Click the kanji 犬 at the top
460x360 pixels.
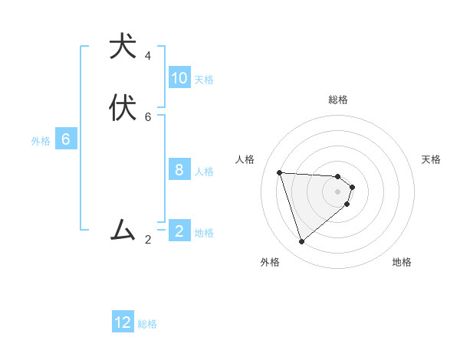pos(123,47)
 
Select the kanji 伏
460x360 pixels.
pos(123,108)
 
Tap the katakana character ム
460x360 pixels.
pos(123,229)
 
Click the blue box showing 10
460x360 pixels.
pos(179,78)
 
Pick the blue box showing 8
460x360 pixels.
pos(179,169)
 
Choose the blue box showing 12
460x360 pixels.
pos(123,322)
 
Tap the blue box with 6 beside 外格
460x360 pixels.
pos(66,139)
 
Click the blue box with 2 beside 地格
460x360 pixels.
pos(179,231)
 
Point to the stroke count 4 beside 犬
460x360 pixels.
pos(148,56)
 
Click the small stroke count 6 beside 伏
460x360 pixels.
pos(148,117)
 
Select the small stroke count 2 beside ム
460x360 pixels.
pos(148,240)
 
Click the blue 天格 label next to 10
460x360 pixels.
pos(204,80)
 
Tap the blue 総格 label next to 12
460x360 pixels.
pos(147,324)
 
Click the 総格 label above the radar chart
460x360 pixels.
pos(337,100)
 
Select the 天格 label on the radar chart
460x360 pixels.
pos(431,159)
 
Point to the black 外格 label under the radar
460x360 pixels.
pos(270,262)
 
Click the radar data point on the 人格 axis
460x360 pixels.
pos(279,172)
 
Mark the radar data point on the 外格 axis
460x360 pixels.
pos(301,242)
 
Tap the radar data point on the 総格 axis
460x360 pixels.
pos(337,176)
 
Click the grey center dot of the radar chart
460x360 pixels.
pos(337,202)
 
